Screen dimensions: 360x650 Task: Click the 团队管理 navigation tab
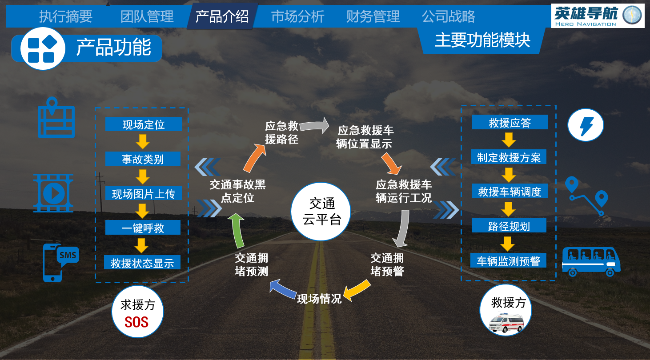point(147,16)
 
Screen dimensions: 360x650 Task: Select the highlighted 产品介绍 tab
point(222,16)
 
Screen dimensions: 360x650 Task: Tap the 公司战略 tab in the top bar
point(448,16)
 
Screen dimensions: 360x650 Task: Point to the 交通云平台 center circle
point(321,212)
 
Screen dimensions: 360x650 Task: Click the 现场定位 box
point(144,124)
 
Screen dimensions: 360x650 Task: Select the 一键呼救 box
point(143,228)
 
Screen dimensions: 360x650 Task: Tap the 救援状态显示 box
point(142,263)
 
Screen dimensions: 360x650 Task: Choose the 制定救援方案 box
point(509,157)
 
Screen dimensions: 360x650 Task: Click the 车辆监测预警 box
point(508,261)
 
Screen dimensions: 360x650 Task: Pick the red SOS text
point(136,321)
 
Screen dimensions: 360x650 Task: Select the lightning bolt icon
point(586,125)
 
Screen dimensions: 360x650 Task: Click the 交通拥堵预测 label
point(252,264)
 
